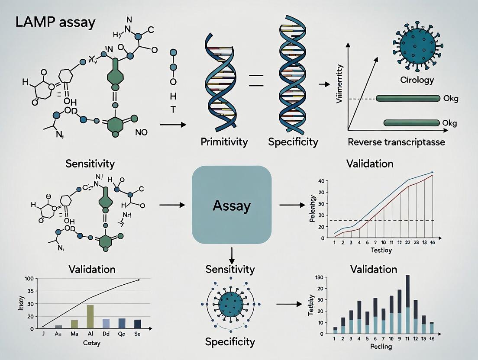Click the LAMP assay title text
pos(55,22)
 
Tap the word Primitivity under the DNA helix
pos(224,141)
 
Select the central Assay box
pos(232,206)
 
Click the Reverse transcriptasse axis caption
pos(397,142)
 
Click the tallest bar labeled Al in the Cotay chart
pos(90,317)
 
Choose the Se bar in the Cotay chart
pos(138,324)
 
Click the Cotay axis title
pos(91,343)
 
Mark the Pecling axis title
pos(381,346)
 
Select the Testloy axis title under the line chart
pos(381,251)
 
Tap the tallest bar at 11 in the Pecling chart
pos(407,304)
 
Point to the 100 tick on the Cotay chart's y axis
pos(29,279)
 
